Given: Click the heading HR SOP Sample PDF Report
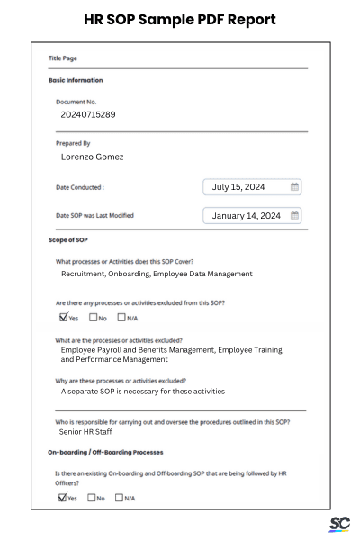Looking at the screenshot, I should [x=179, y=19].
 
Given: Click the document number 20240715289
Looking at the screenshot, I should [x=87, y=114].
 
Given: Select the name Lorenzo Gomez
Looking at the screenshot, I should [x=92, y=157].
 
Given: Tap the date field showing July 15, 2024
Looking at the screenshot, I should [x=244, y=187].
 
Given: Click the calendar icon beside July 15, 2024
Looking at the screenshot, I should [x=294, y=187].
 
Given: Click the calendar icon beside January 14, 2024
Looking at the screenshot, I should [x=294, y=216].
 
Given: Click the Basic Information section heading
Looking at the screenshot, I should [x=75, y=80].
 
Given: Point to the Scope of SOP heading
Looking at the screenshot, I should [x=67, y=240].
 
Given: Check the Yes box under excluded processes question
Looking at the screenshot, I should [x=63, y=317].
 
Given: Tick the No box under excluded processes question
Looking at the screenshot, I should [x=93, y=317].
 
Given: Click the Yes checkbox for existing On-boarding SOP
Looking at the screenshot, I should [x=63, y=497].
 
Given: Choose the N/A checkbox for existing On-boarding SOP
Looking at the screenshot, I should [x=120, y=497].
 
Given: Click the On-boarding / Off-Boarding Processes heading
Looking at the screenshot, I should [x=105, y=451].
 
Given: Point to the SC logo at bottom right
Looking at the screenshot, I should [x=339, y=524].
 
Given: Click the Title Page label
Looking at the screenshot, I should [x=62, y=58].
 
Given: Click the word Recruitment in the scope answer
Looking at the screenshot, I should [x=84, y=274].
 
